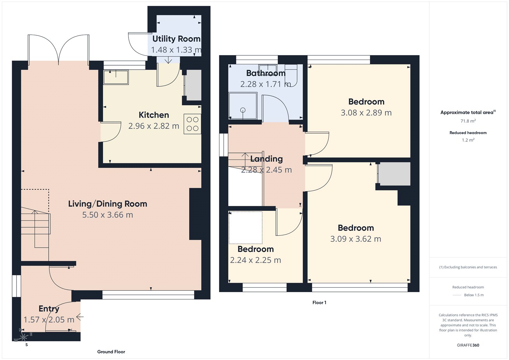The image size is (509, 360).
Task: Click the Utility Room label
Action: click(176, 39)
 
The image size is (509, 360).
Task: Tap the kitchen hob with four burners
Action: click(192, 124)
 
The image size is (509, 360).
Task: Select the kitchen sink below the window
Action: click(116, 77)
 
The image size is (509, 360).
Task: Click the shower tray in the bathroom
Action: click(243, 105)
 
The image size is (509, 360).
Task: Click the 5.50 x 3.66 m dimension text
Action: click(108, 215)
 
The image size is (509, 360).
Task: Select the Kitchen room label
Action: click(154, 115)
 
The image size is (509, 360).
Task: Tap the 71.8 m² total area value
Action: click(468, 121)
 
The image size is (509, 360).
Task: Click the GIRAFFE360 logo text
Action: click(468, 345)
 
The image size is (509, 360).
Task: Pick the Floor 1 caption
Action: click(319, 302)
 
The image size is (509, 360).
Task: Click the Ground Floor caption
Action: click(111, 352)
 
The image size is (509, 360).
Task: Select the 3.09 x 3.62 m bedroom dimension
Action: click(356, 239)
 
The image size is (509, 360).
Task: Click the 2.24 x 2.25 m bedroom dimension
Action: click(255, 260)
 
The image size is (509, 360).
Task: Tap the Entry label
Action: click(49, 308)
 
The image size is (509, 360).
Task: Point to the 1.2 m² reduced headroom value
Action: click(468, 140)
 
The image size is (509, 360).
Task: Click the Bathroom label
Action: click(266, 73)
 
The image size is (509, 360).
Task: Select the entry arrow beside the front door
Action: click(80, 317)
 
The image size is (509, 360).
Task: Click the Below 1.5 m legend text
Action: click(474, 295)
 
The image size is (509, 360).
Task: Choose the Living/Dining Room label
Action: click(108, 204)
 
